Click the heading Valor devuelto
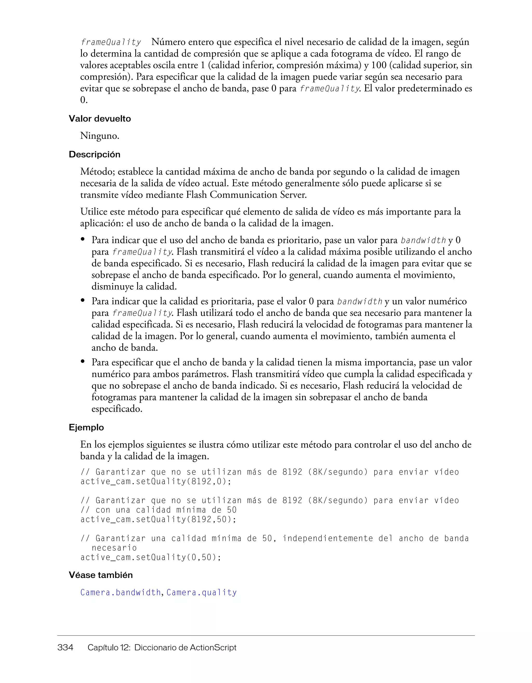click(100, 119)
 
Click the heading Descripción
click(94, 154)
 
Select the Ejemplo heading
click(86, 428)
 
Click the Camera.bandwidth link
click(120, 593)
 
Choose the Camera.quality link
click(202, 593)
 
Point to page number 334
click(65, 647)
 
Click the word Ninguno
click(99, 136)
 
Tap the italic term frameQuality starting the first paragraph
click(111, 42)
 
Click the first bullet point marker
click(83, 239)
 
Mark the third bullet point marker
click(83, 362)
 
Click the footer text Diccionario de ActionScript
click(185, 647)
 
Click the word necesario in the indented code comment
click(114, 548)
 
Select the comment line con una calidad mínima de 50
click(158, 510)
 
